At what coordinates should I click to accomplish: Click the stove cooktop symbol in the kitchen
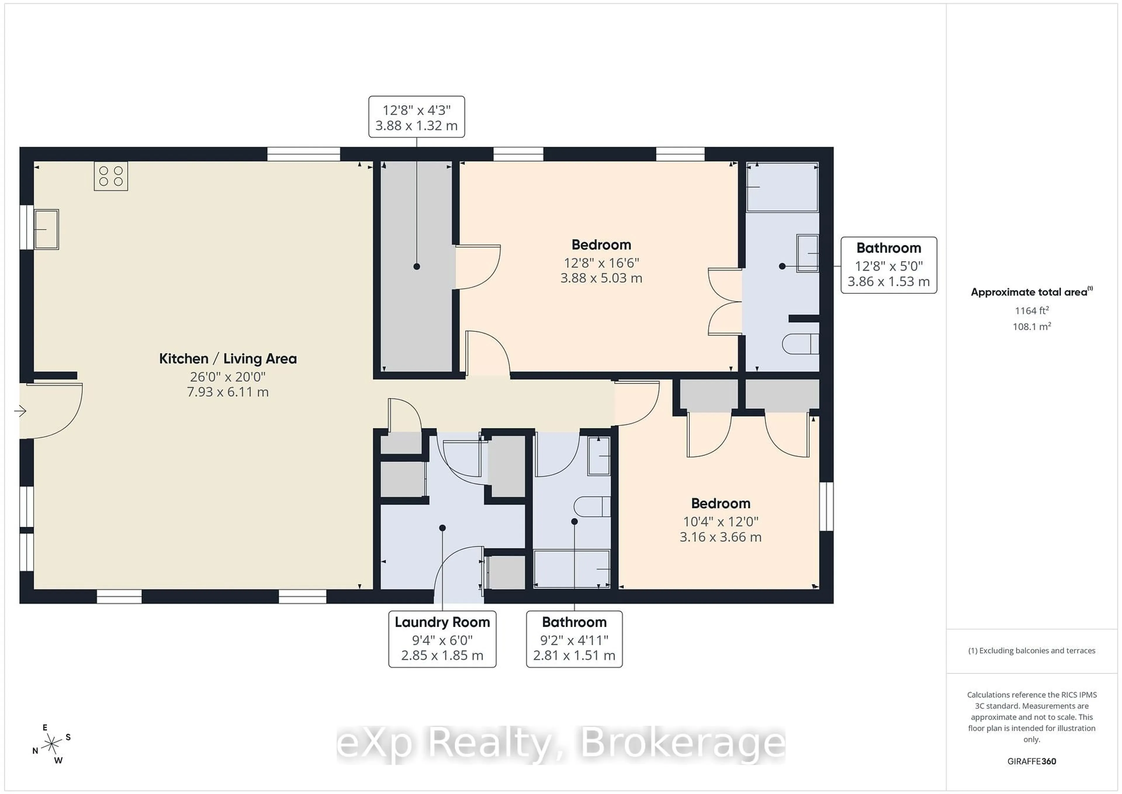pos(111,176)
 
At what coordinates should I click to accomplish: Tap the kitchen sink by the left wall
pos(46,229)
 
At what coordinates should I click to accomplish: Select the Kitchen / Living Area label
pos(228,359)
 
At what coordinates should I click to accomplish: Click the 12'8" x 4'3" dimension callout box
pos(416,117)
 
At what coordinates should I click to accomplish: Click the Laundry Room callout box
pos(442,638)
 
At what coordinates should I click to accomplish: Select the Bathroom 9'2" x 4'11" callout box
pos(574,638)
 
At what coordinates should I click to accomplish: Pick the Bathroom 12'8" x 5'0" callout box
pos(889,265)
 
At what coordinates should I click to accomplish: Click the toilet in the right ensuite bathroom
pos(800,344)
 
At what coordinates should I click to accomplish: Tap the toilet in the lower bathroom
pos(592,507)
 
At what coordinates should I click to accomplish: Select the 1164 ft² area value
pos(1032,310)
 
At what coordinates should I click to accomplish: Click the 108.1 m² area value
pos(1032,326)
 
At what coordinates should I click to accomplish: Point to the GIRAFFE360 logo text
pos(1032,761)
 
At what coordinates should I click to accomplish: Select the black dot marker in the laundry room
pos(442,528)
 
